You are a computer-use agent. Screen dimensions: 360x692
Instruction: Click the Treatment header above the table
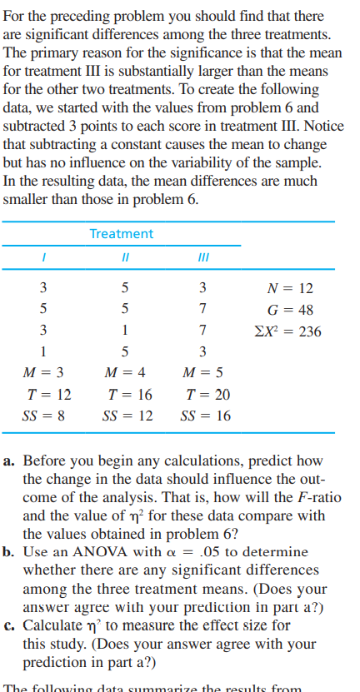pyautogui.click(x=122, y=234)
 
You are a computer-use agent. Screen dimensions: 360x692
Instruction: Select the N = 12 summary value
pyautogui.click(x=292, y=289)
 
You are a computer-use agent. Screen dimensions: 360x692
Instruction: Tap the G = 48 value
pyautogui.click(x=292, y=310)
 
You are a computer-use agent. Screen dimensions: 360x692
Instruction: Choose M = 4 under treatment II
pyautogui.click(x=125, y=371)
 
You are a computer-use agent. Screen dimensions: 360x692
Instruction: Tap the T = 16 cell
pyautogui.click(x=125, y=393)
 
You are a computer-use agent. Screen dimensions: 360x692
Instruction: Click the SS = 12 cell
pyautogui.click(x=125, y=415)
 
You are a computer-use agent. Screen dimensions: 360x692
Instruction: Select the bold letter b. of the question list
pyautogui.click(x=12, y=552)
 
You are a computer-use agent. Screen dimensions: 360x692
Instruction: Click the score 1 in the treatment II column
pyautogui.click(x=124, y=331)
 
